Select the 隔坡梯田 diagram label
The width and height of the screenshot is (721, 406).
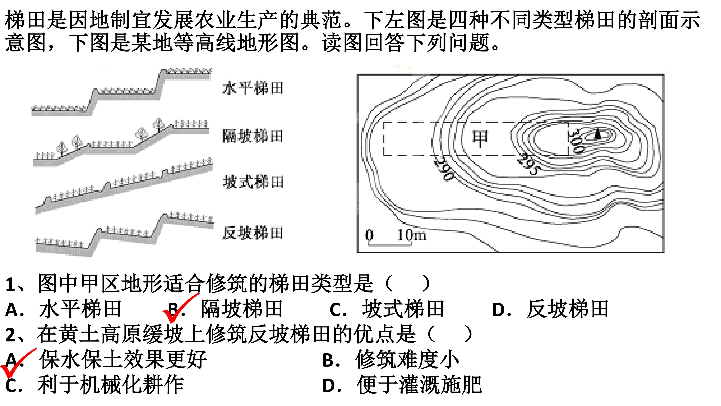click(x=253, y=136)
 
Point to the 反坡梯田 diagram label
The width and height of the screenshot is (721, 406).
click(x=253, y=233)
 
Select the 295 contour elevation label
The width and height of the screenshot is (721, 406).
click(x=528, y=164)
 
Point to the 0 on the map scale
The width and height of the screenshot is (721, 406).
click(x=369, y=235)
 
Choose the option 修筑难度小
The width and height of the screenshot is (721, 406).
click(x=391, y=360)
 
